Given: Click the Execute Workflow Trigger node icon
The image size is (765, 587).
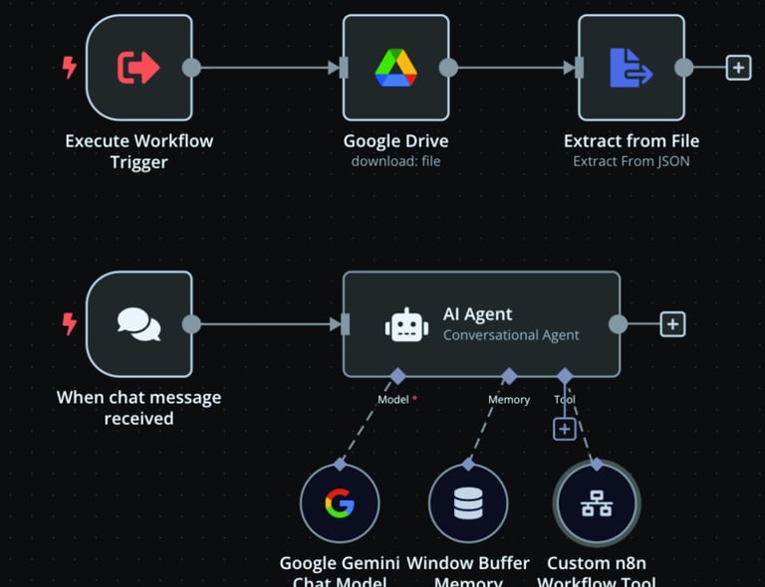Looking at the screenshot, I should tap(138, 68).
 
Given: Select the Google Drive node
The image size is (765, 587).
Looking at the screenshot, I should tap(395, 68).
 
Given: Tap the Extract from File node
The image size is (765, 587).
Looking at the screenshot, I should tap(631, 68).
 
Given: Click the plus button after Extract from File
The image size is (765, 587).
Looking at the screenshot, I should tap(738, 68).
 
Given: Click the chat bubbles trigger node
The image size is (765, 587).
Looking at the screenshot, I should tap(138, 324).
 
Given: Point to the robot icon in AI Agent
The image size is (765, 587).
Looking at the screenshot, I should tap(406, 325).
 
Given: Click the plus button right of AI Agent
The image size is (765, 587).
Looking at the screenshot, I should tap(672, 324).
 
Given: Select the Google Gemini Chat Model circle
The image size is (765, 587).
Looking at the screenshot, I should tap(340, 503).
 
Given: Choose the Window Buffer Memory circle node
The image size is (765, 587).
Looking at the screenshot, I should tap(468, 503).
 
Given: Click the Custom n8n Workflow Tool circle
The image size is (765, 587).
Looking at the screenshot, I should tap(597, 503).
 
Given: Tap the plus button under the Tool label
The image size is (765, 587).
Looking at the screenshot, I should tap(565, 429).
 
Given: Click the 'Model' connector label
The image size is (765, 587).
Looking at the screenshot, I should tap(393, 400).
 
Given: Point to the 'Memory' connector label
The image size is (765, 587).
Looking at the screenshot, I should tap(509, 400).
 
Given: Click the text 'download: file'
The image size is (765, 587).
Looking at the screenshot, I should tap(395, 161).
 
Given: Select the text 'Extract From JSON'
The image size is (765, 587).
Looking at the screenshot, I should tap(631, 161).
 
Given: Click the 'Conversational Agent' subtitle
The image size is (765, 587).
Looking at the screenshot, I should tap(511, 335).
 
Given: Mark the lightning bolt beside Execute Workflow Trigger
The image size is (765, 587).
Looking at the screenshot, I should tap(69, 68).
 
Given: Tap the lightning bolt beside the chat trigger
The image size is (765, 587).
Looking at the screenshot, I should tap(69, 324).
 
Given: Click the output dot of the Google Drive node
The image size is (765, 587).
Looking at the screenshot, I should tap(448, 68).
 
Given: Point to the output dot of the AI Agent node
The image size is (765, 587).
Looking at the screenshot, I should tap(618, 324).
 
